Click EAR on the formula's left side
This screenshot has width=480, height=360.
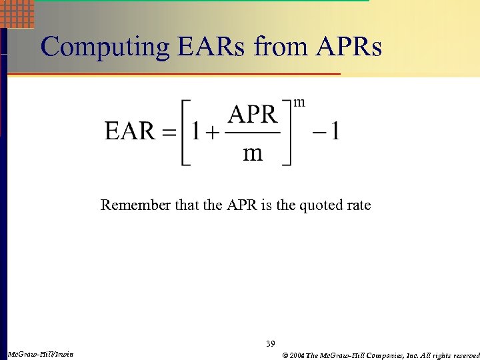(130, 131)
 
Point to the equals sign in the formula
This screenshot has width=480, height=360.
(171, 131)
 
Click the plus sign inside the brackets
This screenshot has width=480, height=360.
(212, 132)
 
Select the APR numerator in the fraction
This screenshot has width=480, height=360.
(253, 115)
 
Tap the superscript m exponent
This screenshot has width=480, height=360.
(300, 102)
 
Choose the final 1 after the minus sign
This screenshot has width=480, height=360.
(335, 131)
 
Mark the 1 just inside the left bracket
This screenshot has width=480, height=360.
(195, 131)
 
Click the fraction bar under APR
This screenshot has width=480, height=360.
(253, 132)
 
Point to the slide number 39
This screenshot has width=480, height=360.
(270, 343)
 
